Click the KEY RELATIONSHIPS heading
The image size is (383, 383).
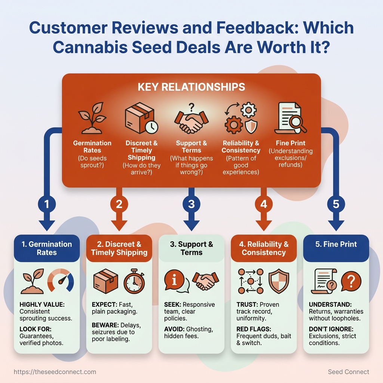click(x=191, y=87)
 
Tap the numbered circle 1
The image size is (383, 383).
click(x=47, y=204)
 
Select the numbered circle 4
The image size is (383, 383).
click(x=264, y=204)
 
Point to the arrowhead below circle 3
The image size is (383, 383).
click(x=191, y=225)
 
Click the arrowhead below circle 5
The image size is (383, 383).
click(x=336, y=225)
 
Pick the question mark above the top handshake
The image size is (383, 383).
click(x=192, y=107)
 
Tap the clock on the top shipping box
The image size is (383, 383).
click(x=151, y=127)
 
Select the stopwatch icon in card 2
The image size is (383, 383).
click(x=134, y=281)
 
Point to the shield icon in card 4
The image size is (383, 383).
click(x=279, y=281)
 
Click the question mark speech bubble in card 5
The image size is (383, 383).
click(x=351, y=281)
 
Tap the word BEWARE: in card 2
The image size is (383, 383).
click(x=105, y=325)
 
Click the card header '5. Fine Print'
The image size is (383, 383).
click(x=336, y=244)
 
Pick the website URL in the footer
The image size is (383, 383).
click(x=55, y=372)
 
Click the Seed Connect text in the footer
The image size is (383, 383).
click(x=348, y=372)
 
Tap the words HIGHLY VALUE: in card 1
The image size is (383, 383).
click(x=42, y=304)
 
